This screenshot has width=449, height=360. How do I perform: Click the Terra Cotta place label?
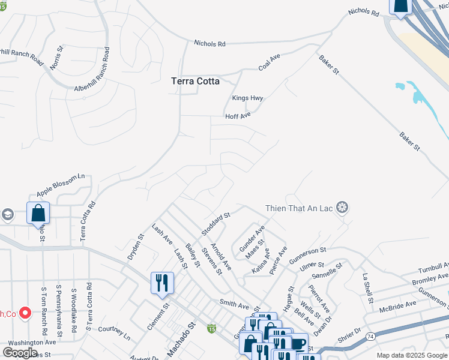point(195,81)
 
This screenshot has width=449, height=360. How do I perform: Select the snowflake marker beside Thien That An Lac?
point(342,208)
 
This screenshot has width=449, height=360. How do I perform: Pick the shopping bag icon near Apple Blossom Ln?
point(38,213)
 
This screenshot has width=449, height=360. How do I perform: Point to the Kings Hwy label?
point(247,98)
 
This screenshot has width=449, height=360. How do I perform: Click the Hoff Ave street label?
point(238,116)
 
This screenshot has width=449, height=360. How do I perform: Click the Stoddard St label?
point(215,224)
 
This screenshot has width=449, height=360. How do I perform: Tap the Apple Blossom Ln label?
point(61,185)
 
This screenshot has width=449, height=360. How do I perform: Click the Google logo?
point(20,352)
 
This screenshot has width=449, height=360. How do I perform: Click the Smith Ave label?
point(234,304)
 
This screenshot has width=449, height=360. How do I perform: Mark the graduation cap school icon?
point(7,214)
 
